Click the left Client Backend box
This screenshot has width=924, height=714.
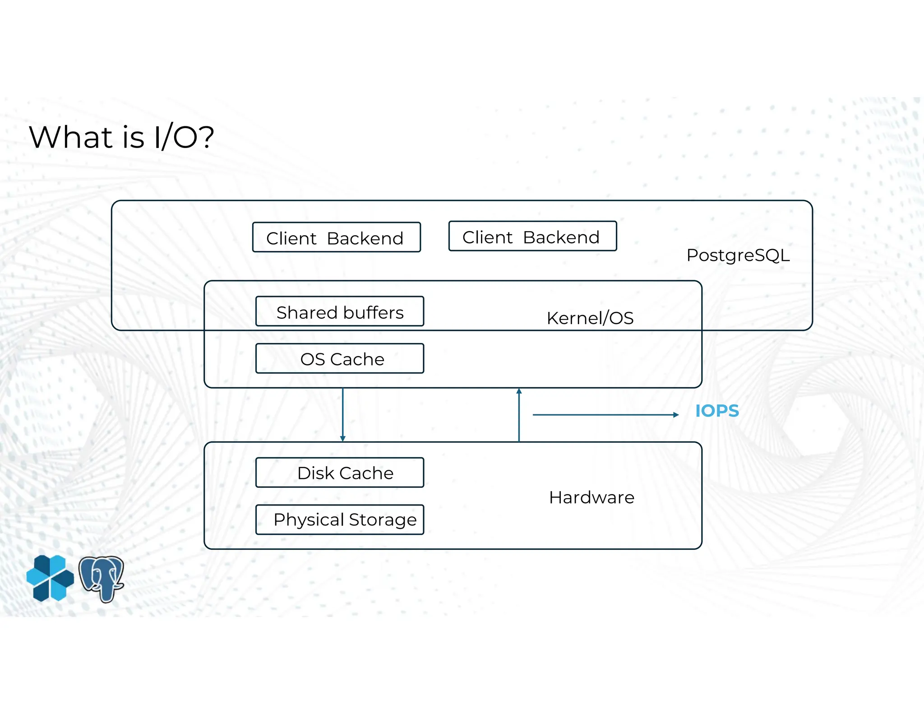(336, 237)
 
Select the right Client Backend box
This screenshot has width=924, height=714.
(532, 236)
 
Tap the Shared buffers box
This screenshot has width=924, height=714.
(340, 311)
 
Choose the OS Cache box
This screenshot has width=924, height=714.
(340, 359)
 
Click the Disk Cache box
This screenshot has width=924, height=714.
(340, 473)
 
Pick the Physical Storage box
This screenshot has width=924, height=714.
(340, 519)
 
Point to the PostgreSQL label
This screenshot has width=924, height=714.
(738, 255)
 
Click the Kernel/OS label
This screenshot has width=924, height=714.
(590, 318)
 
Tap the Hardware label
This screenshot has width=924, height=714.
(591, 497)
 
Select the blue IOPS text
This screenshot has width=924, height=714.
(717, 411)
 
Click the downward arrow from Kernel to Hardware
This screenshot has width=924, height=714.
(343, 414)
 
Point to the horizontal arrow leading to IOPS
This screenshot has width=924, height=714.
(605, 415)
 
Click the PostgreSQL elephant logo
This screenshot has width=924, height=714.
(102, 579)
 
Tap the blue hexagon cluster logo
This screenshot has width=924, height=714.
(50, 578)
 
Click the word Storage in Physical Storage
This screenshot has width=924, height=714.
(383, 520)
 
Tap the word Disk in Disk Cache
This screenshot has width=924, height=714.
(316, 473)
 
